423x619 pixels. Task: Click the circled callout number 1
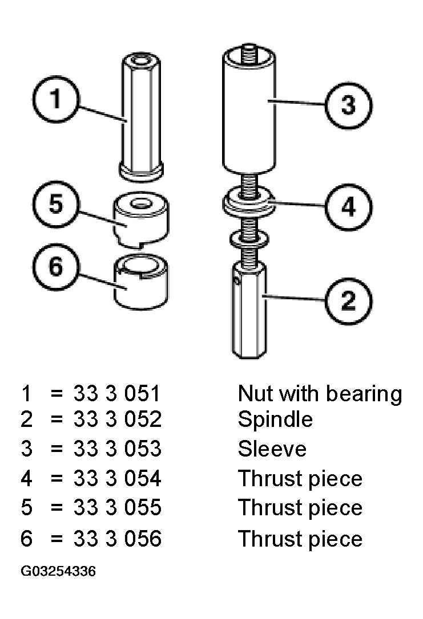(55, 99)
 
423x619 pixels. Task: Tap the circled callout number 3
(348, 105)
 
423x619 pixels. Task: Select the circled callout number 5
(55, 204)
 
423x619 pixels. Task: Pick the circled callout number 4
(348, 207)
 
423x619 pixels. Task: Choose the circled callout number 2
(348, 302)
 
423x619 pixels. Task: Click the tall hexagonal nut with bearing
(141, 117)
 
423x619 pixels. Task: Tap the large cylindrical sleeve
(249, 110)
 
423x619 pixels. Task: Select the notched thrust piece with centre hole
(141, 220)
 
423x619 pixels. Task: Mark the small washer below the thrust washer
(249, 239)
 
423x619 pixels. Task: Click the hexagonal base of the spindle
(249, 309)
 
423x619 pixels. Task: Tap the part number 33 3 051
(116, 394)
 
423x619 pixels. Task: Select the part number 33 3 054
(118, 478)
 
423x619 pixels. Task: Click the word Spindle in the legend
(275, 420)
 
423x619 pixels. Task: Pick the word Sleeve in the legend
(272, 449)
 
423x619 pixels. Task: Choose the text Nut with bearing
(320, 394)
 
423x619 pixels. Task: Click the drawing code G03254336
(58, 571)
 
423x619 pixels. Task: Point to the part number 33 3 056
(118, 538)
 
